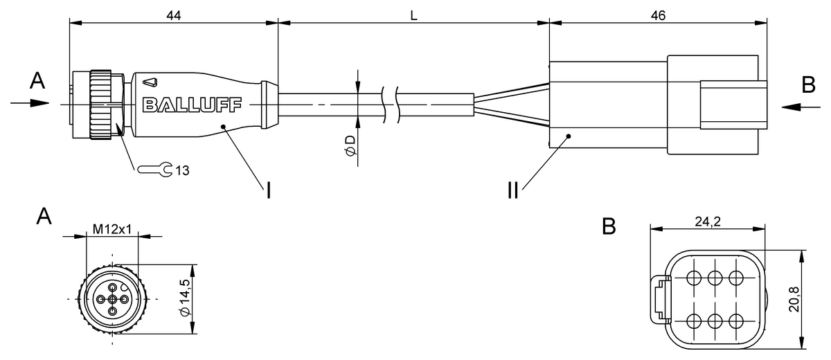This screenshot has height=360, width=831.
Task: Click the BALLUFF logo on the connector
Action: coord(193,105)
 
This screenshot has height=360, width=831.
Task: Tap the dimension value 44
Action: coord(173,15)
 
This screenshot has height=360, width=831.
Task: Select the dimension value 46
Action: coord(658,15)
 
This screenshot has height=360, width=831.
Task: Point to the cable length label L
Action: coord(413,15)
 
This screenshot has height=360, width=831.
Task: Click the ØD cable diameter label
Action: coord(350,145)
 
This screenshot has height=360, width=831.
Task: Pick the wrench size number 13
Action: coord(182,170)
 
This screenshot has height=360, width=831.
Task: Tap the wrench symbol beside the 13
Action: coord(155,170)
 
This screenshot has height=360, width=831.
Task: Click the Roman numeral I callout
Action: coord(269,190)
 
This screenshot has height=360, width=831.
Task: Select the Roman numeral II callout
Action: coord(512,190)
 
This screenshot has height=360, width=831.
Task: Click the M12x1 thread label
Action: coord(112,229)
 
